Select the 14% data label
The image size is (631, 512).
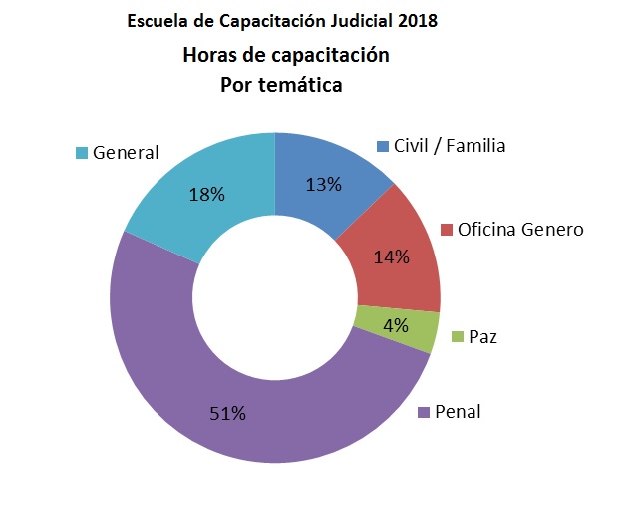391,256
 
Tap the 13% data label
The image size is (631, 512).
325,184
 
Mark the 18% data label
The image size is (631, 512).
206,194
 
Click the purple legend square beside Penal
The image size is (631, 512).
423,412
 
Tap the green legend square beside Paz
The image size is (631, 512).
457,337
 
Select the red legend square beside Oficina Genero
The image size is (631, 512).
446,230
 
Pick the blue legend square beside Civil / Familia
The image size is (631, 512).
382,147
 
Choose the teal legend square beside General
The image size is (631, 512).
81,153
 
